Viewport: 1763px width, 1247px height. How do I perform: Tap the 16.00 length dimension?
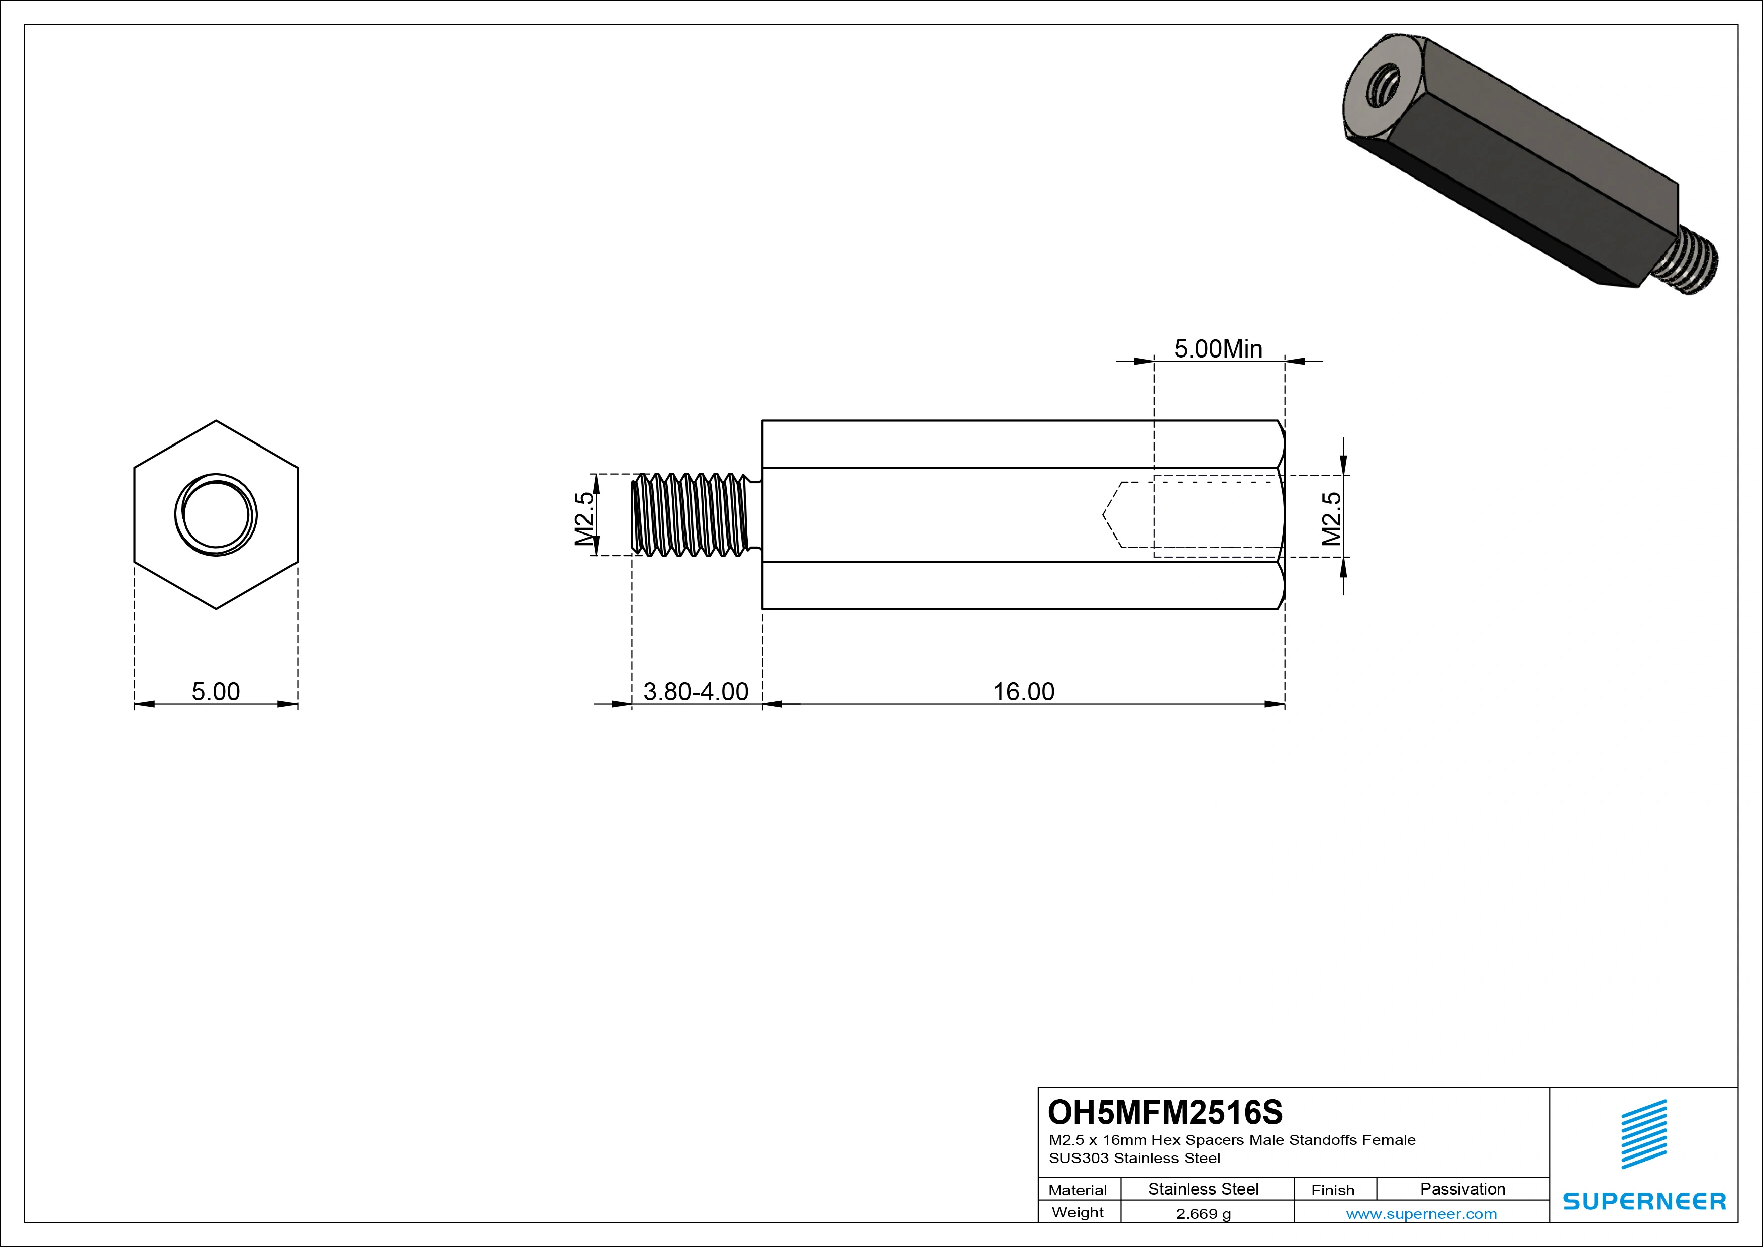pyautogui.click(x=1024, y=691)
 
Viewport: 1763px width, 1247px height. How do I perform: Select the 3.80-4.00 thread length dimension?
pyautogui.click(x=696, y=691)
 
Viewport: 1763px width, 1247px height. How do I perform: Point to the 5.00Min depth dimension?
pyautogui.click(x=1218, y=349)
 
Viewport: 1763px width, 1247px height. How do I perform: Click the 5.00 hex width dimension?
pyautogui.click(x=216, y=691)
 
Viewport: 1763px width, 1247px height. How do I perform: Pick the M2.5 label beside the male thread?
pyautogui.click(x=584, y=518)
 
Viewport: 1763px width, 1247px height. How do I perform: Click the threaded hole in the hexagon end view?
pyautogui.click(x=216, y=515)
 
